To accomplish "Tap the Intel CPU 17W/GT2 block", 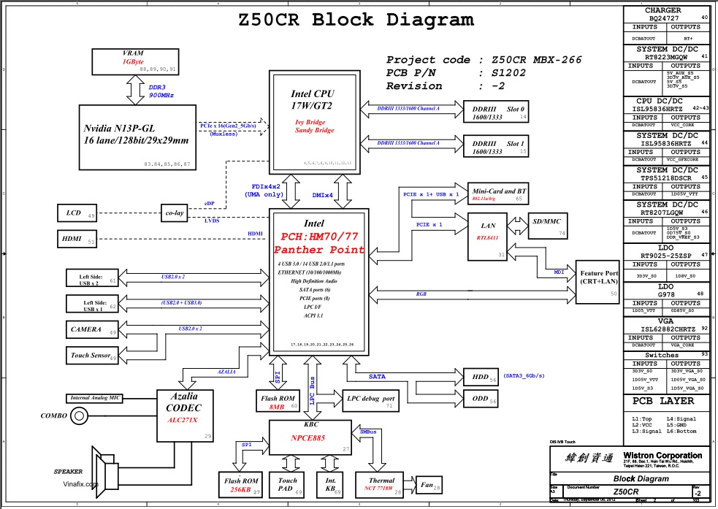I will pyautogui.click(x=316, y=120).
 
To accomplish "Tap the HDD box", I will pyautogui.click(x=482, y=377).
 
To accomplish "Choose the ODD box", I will pyautogui.click(x=482, y=399).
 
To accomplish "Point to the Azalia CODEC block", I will pyautogui.click(x=186, y=415).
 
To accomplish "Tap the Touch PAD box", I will pyautogui.click(x=288, y=485).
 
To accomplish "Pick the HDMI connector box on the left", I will pyautogui.click(x=78, y=238).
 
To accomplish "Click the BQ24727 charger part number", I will pyautogui.click(x=662, y=18).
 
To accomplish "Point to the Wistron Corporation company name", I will pyautogui.click(x=662, y=456).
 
